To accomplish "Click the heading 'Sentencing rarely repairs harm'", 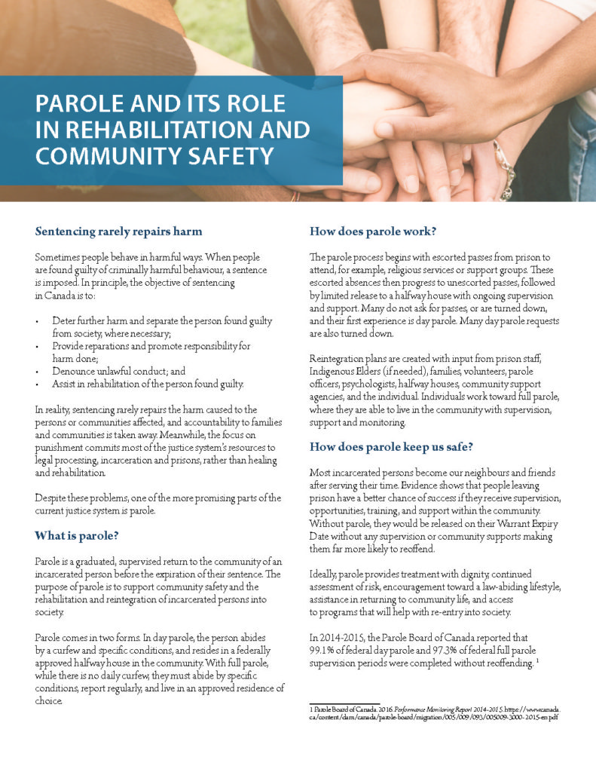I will pyautogui.click(x=118, y=230).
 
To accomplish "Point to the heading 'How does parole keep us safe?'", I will pyautogui.click(x=391, y=446).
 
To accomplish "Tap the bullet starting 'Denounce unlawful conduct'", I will pyautogui.click(x=118, y=372).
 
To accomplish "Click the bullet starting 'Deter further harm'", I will pyautogui.click(x=162, y=321).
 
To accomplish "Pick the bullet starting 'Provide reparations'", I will pyautogui.click(x=151, y=346).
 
